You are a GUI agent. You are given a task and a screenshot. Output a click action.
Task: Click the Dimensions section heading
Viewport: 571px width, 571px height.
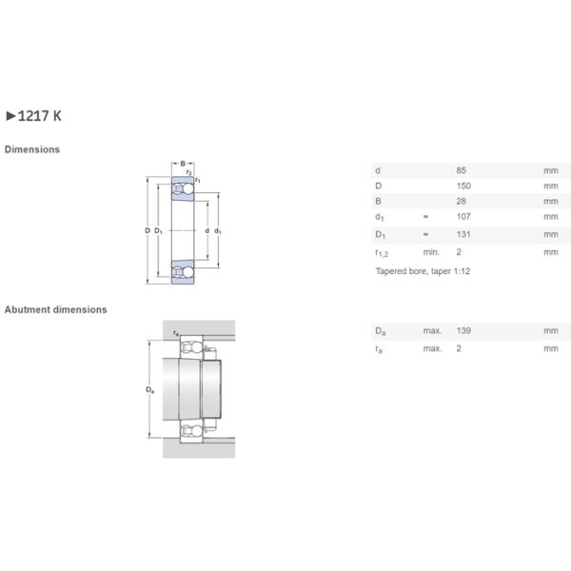pos(32,149)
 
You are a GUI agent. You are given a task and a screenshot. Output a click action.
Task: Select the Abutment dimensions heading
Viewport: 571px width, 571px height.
pos(55,309)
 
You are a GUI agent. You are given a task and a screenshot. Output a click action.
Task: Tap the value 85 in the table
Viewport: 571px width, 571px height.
pos(462,170)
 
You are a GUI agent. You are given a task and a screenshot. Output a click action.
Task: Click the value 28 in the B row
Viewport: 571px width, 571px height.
pos(462,202)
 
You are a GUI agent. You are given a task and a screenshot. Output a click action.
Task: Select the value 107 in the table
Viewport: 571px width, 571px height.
pos(463,217)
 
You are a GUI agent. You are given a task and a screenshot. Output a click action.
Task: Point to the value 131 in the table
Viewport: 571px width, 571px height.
pos(463,234)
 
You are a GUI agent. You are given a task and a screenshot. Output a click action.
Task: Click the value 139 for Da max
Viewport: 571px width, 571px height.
pos(463,331)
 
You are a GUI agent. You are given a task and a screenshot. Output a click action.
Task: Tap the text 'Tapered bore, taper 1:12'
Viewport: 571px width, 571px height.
pos(423,271)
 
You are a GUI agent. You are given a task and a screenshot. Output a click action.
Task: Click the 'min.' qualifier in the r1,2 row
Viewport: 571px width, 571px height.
pos(431,252)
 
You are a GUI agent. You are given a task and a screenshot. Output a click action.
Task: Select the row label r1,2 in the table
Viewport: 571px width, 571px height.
pos(381,253)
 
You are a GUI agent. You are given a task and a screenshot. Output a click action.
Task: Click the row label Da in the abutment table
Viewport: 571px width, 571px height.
pos(380,331)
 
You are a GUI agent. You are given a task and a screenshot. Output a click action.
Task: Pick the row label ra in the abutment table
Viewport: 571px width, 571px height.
pos(380,348)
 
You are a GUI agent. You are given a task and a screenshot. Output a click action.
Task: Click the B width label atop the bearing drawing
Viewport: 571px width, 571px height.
pos(183,164)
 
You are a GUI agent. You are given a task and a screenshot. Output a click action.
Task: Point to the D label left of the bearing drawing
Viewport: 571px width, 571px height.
pos(148,231)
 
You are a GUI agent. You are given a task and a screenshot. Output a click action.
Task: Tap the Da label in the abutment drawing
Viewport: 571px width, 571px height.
pos(148,390)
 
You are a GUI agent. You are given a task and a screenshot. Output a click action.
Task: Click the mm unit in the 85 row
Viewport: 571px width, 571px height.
pos(550,170)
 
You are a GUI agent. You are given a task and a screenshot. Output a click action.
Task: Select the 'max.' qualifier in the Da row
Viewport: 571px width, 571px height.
pos(432,331)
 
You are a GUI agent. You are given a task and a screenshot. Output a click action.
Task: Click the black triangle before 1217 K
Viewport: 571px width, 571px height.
pos(10,116)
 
